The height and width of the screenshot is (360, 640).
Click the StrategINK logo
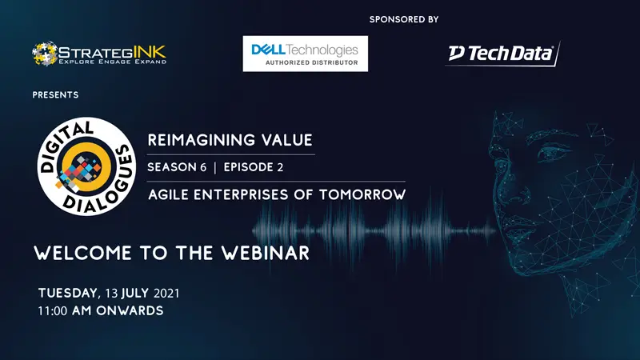point(99,54)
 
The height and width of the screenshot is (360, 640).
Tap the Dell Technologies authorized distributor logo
point(306,54)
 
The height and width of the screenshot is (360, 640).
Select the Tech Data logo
point(502,54)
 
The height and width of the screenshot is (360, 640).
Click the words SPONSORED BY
point(404,19)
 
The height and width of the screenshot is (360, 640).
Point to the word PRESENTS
point(55,94)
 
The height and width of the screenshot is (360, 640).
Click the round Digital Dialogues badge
point(86,166)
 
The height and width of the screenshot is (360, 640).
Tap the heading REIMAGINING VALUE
point(230,140)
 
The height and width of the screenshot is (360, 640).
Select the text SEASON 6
point(177,167)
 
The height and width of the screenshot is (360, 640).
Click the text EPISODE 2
point(253,167)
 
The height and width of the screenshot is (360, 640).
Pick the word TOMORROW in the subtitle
point(362,194)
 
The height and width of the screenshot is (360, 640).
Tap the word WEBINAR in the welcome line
point(266,253)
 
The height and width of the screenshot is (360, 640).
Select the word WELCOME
point(83,253)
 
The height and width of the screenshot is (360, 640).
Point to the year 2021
point(166,294)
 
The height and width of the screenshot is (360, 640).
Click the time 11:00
point(53,311)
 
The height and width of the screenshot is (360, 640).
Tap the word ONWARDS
point(130,310)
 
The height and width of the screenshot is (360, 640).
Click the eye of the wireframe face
point(552,157)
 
